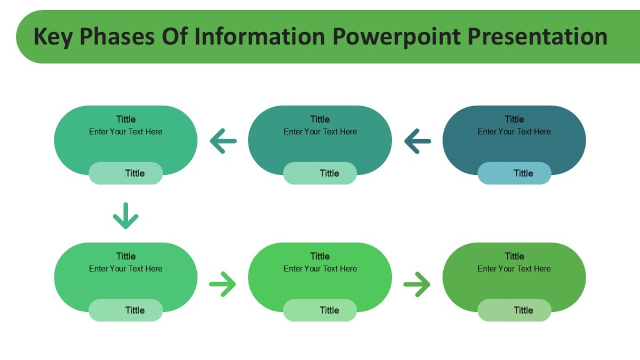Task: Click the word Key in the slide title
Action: pyautogui.click(x=52, y=37)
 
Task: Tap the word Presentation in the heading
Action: pyautogui.click(x=538, y=37)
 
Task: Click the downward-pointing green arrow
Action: pyautogui.click(x=126, y=215)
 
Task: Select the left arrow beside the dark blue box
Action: pyautogui.click(x=418, y=142)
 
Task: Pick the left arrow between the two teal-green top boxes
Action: pyautogui.click(x=223, y=142)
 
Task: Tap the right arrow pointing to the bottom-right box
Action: pyautogui.click(x=417, y=284)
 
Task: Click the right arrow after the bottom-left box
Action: pyautogui.click(x=222, y=284)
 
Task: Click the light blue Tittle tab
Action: pyautogui.click(x=514, y=173)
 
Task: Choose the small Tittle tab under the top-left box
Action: pyautogui.click(x=126, y=173)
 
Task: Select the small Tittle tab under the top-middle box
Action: pyautogui.click(x=320, y=173)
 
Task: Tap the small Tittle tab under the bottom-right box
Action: pyautogui.click(x=514, y=310)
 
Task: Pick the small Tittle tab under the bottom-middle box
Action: pyautogui.click(x=320, y=310)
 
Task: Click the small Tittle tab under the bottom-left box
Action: pyautogui.click(x=126, y=310)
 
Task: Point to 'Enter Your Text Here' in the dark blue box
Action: pyautogui.click(x=514, y=132)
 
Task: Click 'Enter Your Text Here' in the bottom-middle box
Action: pyautogui.click(x=320, y=269)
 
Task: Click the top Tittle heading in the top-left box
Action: pyautogui.click(x=126, y=119)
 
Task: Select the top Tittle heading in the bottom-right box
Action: pyautogui.click(x=514, y=256)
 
